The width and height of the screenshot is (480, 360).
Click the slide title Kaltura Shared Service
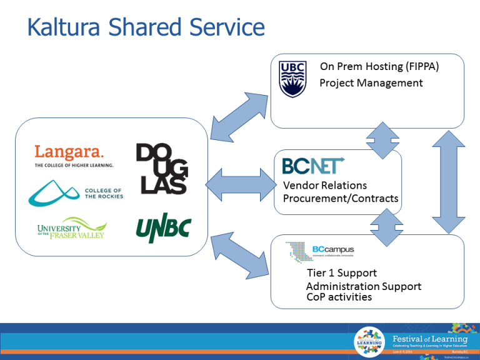tap(146, 28)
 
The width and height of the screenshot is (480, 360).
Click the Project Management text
tap(371, 83)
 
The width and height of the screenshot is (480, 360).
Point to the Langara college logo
tap(74, 156)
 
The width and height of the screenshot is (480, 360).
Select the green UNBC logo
tap(163, 229)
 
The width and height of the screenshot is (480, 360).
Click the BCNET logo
tap(312, 166)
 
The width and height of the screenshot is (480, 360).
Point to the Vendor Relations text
tap(324, 186)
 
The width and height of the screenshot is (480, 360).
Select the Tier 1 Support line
tap(341, 273)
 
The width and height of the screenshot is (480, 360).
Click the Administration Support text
tap(363, 286)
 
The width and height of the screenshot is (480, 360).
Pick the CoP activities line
tap(339, 297)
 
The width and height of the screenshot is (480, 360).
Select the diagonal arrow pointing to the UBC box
tap(240, 116)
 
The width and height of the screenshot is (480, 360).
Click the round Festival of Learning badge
tap(369, 342)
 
